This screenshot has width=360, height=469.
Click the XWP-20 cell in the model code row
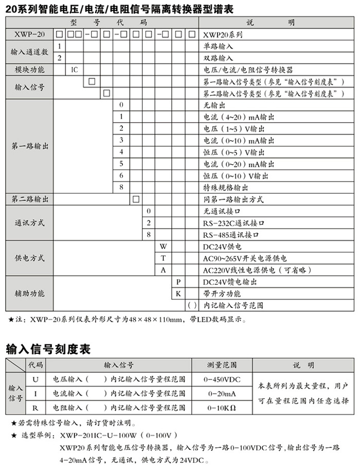tap(27, 34)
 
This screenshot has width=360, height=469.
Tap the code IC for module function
tap(74, 70)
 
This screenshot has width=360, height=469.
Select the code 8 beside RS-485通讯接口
tap(148, 234)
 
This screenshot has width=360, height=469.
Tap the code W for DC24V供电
tap(163, 247)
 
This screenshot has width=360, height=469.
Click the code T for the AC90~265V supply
tap(163, 258)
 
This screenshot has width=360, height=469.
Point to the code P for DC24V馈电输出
tap(178, 282)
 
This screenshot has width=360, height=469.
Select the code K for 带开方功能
tap(178, 293)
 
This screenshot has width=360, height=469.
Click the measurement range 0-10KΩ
tap(222, 408)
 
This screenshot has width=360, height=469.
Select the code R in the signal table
tap(35, 408)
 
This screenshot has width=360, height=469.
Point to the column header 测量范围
tap(222, 365)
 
